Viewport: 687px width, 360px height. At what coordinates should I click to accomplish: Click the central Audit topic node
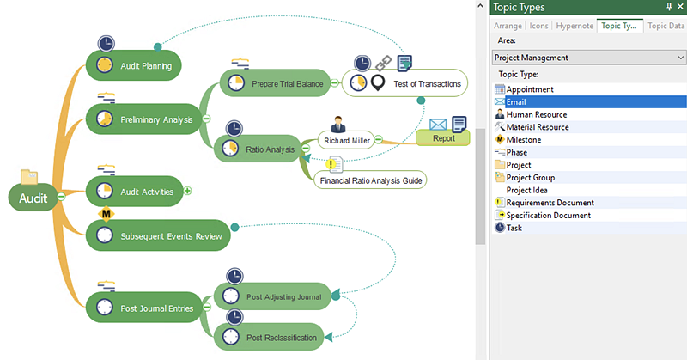pos(33,198)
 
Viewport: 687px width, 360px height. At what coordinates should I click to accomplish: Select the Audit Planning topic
pos(146,66)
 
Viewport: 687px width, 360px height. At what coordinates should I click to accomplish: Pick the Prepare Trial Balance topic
pos(275,84)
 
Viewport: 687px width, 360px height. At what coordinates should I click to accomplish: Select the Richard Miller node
pos(346,139)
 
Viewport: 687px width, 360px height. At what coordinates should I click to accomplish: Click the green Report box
pos(443,138)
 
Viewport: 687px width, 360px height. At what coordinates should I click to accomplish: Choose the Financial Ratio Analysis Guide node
pos(371,181)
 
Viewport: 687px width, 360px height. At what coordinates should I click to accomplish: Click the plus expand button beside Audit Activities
pos(187,191)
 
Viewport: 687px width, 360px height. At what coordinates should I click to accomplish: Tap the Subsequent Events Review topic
pos(159,235)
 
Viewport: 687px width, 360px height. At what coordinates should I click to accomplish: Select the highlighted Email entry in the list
pos(518,101)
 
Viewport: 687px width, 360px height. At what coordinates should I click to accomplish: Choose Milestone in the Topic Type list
pos(523,139)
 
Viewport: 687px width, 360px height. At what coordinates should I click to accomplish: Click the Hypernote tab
pos(574,26)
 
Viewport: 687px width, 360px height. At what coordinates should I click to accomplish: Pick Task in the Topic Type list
pos(514,228)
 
